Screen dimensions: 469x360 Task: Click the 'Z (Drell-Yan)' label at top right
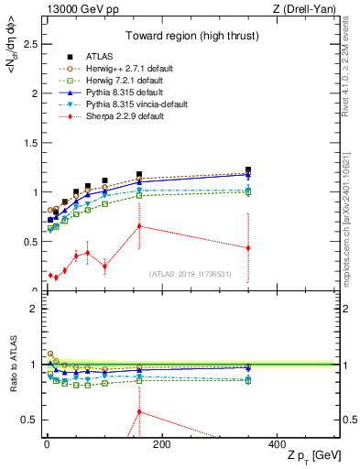305,9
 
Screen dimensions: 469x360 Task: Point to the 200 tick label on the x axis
161,445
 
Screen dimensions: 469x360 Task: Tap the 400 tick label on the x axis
277,445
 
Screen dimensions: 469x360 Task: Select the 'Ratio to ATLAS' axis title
11,365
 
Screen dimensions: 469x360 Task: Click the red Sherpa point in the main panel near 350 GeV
247,247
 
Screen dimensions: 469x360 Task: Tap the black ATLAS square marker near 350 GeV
247,170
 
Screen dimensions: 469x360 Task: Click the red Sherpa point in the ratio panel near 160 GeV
138,411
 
